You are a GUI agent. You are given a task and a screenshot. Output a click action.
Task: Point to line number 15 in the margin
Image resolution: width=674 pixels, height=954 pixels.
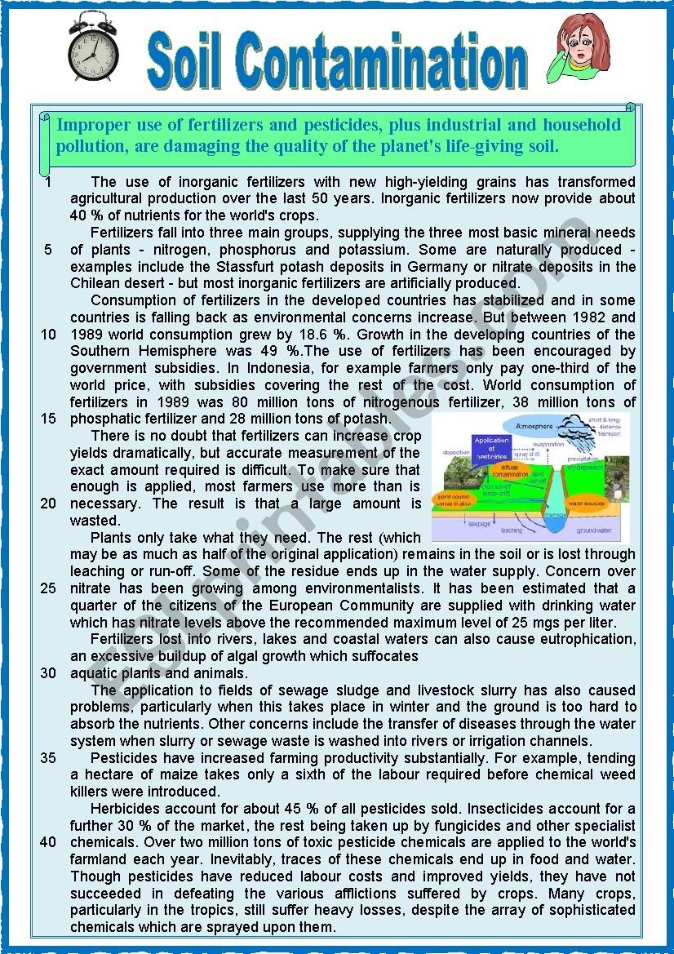click(x=48, y=419)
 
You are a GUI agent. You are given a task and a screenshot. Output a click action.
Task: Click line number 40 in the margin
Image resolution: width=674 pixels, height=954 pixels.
click(x=48, y=841)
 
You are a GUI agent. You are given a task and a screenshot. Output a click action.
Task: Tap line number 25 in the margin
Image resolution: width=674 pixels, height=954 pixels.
click(x=48, y=588)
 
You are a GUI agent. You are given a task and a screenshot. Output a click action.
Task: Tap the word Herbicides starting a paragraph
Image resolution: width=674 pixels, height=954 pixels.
click(x=126, y=808)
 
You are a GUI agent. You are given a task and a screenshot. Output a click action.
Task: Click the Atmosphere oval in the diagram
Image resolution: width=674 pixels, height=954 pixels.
click(x=528, y=426)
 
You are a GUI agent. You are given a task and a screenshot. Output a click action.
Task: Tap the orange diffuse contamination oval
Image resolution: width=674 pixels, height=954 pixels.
click(x=512, y=473)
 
